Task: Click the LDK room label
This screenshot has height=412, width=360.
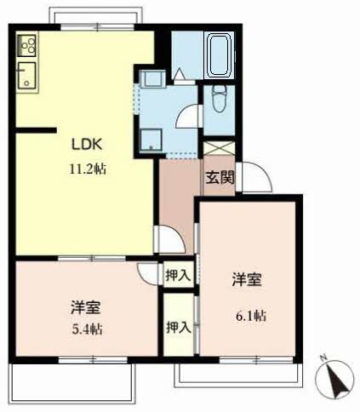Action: (x=87, y=144)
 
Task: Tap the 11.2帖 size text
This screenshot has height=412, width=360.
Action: (x=88, y=169)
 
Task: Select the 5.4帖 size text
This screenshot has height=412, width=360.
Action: (x=87, y=329)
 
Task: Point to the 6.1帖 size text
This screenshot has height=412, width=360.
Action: (x=251, y=316)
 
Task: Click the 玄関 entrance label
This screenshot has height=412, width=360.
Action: (x=220, y=178)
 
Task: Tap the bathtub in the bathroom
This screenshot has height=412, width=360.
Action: (x=220, y=55)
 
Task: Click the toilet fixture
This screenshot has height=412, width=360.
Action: (x=219, y=98)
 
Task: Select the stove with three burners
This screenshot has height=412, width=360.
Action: (x=26, y=45)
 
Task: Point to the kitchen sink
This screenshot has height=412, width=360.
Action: (x=26, y=76)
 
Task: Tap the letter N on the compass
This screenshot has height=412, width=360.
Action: (x=323, y=358)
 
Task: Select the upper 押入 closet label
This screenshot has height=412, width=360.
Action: (x=178, y=275)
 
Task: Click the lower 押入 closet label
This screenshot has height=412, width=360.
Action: (x=179, y=327)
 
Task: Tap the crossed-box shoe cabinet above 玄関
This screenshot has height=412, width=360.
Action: (x=220, y=148)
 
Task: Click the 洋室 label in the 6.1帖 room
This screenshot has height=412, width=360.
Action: (x=247, y=279)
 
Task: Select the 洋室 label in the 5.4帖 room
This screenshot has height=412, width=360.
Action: (x=85, y=307)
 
